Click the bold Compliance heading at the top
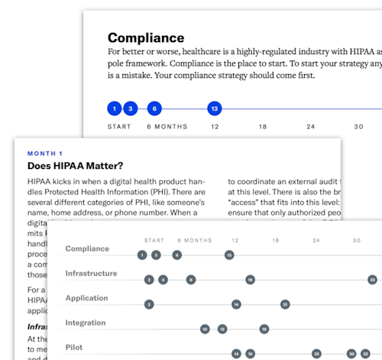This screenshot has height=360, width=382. [x=146, y=37]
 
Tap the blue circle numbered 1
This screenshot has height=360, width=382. [x=114, y=109]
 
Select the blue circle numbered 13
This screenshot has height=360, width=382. [x=215, y=109]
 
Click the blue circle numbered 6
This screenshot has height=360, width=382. [x=154, y=109]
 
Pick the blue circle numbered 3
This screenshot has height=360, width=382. [x=130, y=109]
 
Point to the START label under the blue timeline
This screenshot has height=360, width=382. [x=120, y=126]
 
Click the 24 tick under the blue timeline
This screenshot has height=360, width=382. [x=310, y=126]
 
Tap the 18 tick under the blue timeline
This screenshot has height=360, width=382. [x=263, y=126]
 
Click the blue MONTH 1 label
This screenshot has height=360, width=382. [x=46, y=153]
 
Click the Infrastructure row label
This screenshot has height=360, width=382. [x=91, y=274]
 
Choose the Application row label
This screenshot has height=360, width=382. [x=86, y=298]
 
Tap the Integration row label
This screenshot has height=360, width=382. [x=86, y=323]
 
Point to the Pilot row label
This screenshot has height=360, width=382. [x=73, y=348]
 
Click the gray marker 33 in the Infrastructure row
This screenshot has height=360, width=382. [x=372, y=280]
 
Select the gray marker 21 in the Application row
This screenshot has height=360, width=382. [x=285, y=304]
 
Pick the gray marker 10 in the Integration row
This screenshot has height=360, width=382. [x=205, y=329]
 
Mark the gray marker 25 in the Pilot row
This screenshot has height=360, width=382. [x=316, y=354]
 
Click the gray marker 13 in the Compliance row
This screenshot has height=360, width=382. [x=229, y=255]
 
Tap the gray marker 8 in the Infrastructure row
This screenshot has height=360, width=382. [x=191, y=280]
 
